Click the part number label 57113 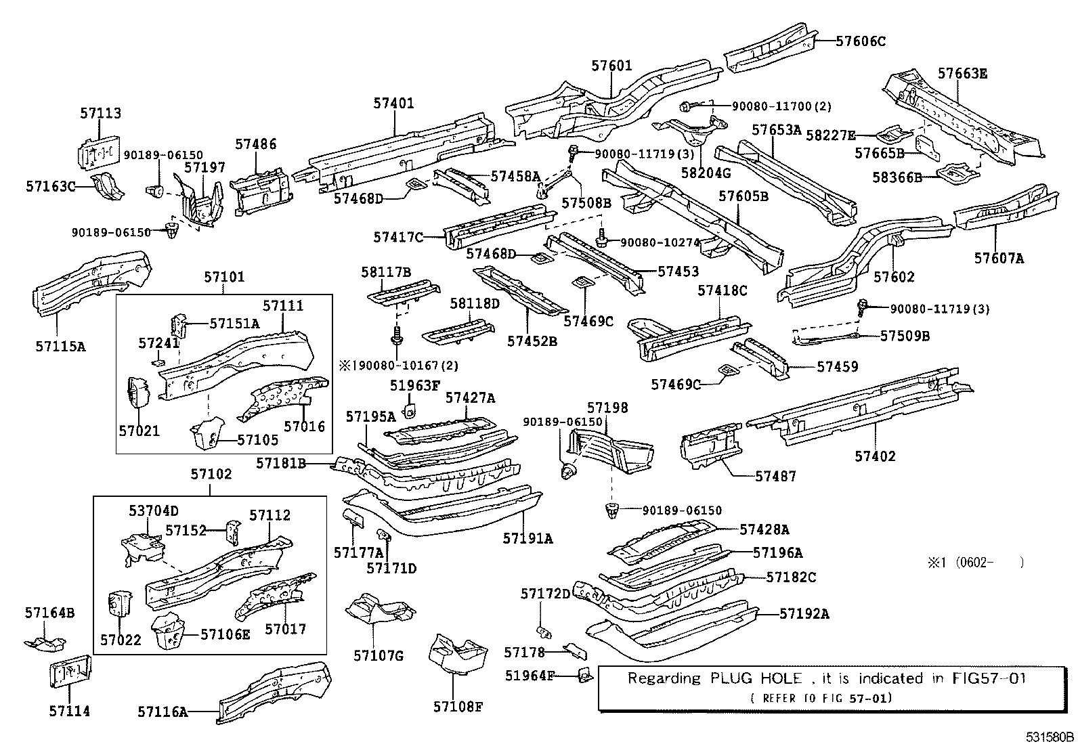coord(100,113)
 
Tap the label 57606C coord(860,41)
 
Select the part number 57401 coord(393,104)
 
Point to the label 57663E coord(962,74)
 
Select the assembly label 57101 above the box coord(224,277)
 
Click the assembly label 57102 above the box coord(211,474)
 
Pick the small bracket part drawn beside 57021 coord(138,393)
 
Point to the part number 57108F coord(458,707)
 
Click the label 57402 coord(875,456)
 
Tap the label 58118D coord(475,304)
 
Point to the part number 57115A coord(61,347)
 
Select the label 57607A coord(999,258)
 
